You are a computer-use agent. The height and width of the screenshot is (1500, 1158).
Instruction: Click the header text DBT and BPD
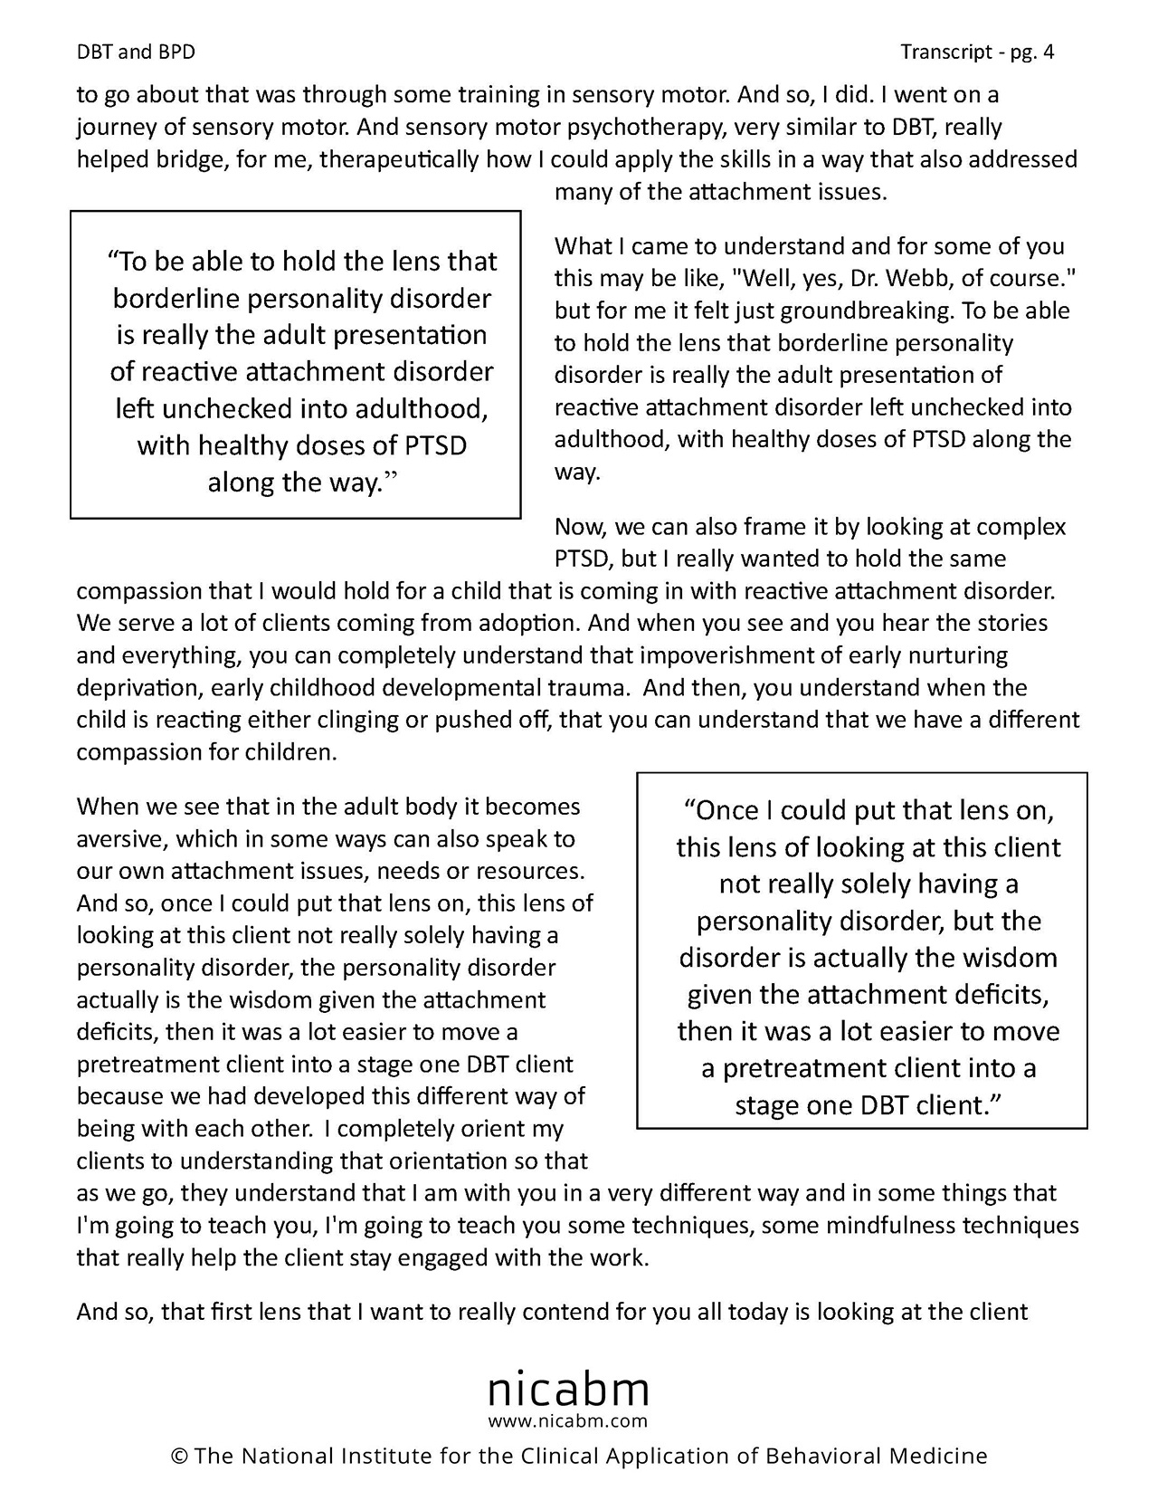pyautogui.click(x=136, y=53)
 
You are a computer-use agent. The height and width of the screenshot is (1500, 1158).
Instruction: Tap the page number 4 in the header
pyautogui.click(x=1049, y=53)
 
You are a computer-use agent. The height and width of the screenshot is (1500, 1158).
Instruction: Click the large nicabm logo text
pyautogui.click(x=568, y=1388)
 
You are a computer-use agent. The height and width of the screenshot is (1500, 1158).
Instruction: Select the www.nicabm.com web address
pyautogui.click(x=568, y=1420)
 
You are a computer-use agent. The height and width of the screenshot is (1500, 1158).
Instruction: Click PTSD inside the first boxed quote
pyautogui.click(x=430, y=446)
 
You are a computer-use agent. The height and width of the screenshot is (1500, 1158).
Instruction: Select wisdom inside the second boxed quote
pyautogui.click(x=1011, y=958)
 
